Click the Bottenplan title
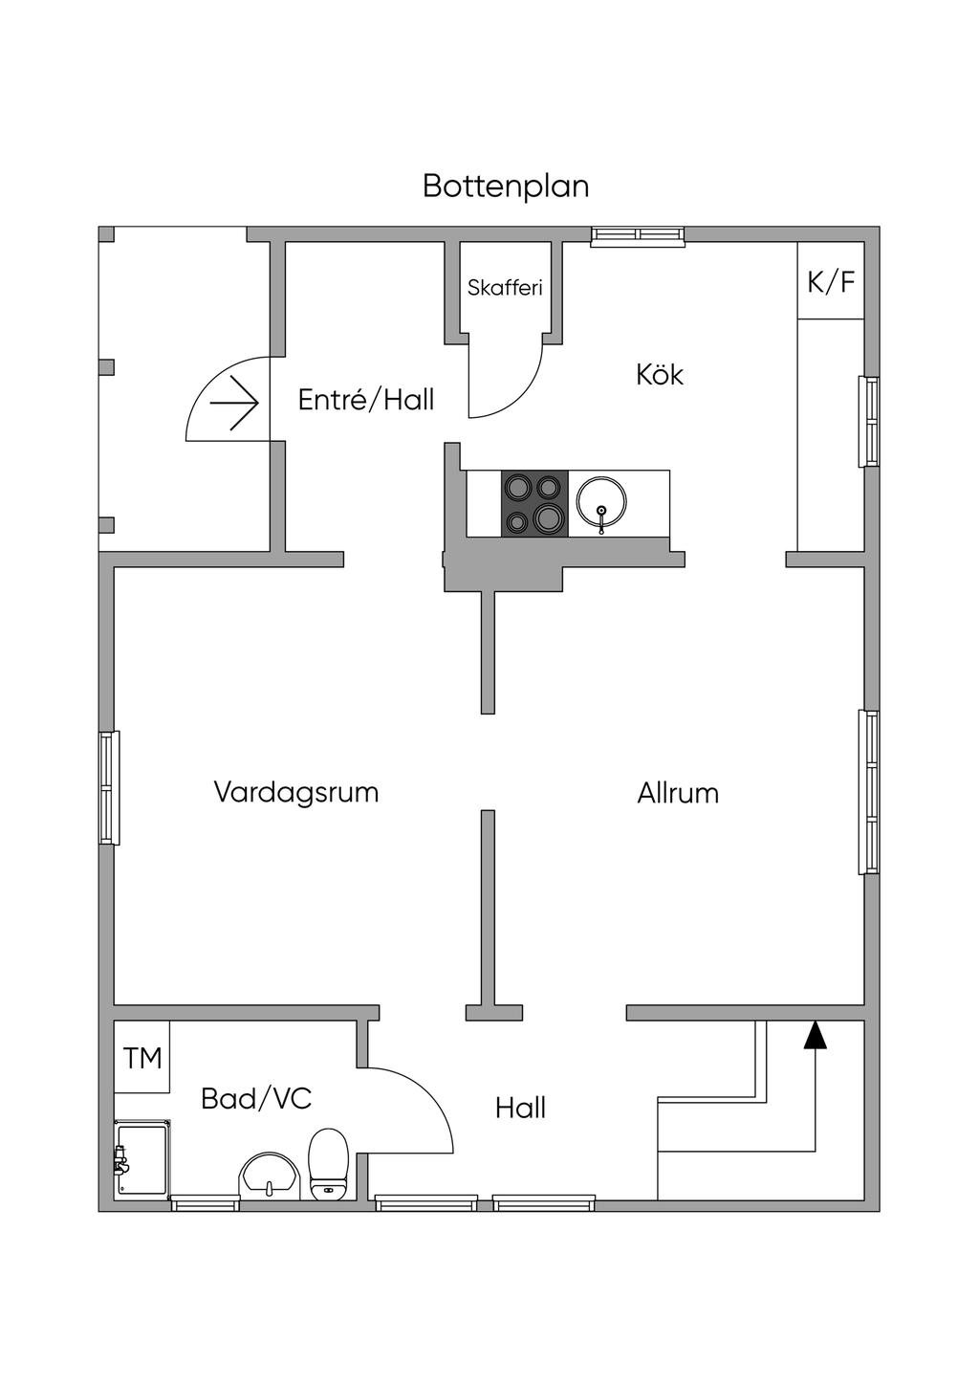pos(506,187)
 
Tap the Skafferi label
pos(505,288)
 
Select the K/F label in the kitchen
pos(831,282)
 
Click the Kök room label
pos(660,375)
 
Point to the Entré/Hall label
pos(366,400)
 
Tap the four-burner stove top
pos(534,502)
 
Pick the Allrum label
pos(678,793)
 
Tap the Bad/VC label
pos(256,1099)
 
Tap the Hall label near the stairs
pos(520,1108)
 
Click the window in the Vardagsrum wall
pos(109,787)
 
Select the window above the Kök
pos(638,236)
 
